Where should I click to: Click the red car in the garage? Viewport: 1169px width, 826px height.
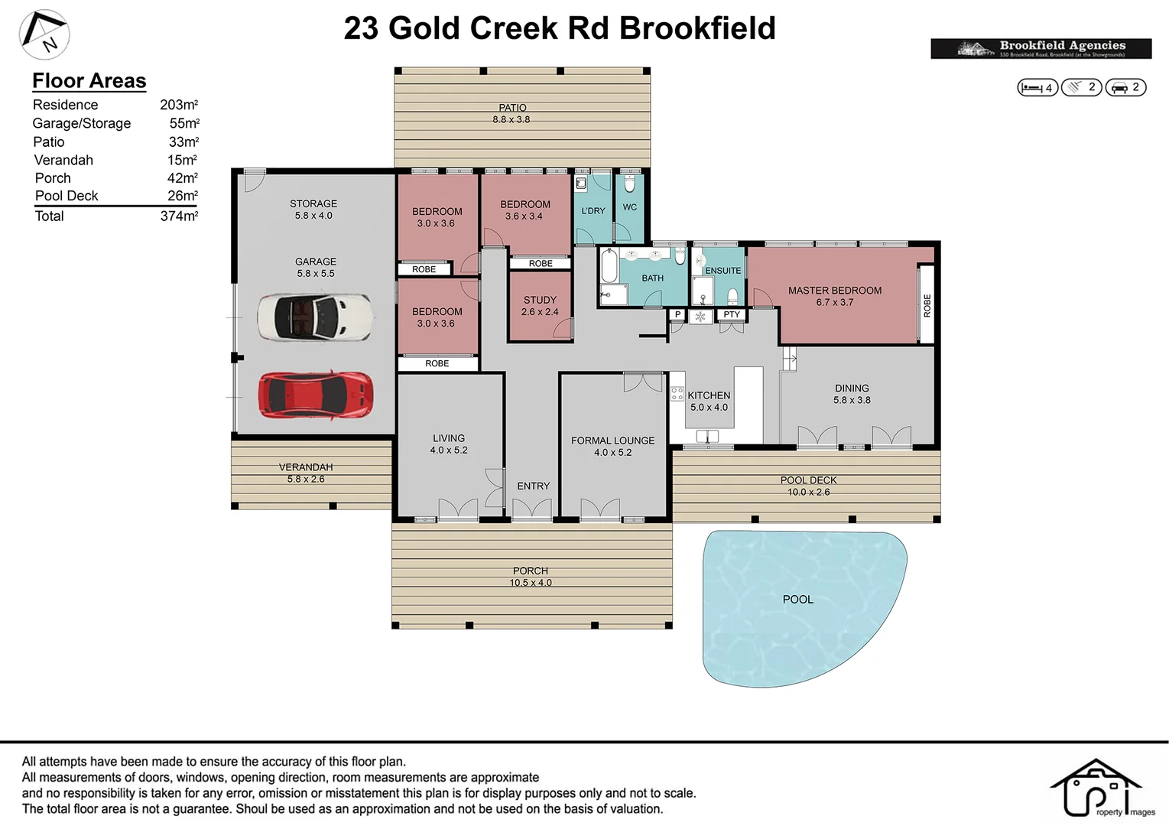pyautogui.click(x=316, y=395)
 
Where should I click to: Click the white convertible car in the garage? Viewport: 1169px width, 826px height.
pyautogui.click(x=315, y=317)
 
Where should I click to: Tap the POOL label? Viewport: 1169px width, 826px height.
pyautogui.click(x=797, y=600)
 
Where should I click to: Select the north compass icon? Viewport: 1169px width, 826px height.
pyautogui.click(x=44, y=34)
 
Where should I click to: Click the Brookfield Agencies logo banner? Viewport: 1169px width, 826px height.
pyautogui.click(x=1041, y=48)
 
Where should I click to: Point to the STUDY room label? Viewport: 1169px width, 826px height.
pyautogui.click(x=540, y=301)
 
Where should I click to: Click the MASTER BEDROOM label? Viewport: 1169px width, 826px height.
pyautogui.click(x=834, y=291)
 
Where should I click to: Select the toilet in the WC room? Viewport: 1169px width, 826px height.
pyautogui.click(x=630, y=184)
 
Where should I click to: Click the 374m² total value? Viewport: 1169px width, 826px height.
pyautogui.click(x=179, y=216)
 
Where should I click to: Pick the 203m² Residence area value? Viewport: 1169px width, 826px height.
pyautogui.click(x=179, y=105)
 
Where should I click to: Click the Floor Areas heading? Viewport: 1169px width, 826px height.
pyautogui.click(x=89, y=81)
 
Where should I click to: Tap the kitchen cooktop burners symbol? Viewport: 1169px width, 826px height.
pyautogui.click(x=677, y=394)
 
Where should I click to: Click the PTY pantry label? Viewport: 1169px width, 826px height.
pyautogui.click(x=732, y=314)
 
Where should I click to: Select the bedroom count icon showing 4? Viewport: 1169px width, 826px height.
pyautogui.click(x=1037, y=88)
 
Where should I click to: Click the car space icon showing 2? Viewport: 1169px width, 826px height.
pyautogui.click(x=1125, y=88)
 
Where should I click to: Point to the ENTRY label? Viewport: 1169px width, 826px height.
pyautogui.click(x=533, y=486)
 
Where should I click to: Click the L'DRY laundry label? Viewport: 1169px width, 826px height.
pyautogui.click(x=593, y=211)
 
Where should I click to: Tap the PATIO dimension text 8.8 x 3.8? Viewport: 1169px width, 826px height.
pyautogui.click(x=511, y=120)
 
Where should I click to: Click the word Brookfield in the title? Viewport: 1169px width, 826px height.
pyautogui.click(x=697, y=28)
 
